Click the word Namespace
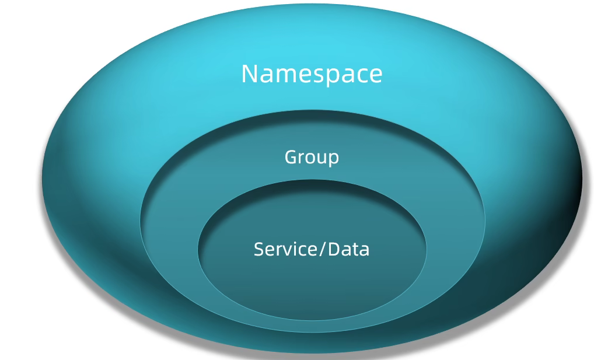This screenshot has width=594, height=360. tap(312, 74)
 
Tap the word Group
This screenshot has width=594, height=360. tap(312, 157)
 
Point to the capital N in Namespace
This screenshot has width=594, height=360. tap(249, 74)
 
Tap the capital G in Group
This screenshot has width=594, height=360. tap(291, 157)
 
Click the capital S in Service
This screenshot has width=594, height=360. tap(259, 249)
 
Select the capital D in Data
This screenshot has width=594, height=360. tap(334, 249)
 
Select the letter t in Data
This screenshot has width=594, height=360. tap(355, 250)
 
